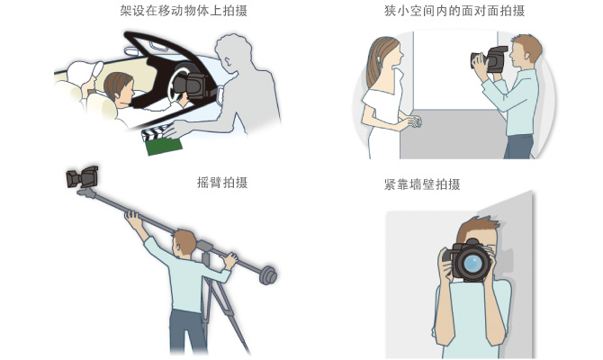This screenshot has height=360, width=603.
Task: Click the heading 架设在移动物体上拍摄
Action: coord(184,11)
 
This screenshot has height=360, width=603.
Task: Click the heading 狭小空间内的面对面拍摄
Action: coord(454,11)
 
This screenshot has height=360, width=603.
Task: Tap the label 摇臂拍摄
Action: coord(222,182)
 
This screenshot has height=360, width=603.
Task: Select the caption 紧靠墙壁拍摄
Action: coord(422,184)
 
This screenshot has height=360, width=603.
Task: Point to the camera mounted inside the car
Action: coord(195,85)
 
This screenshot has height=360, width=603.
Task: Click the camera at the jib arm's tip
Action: coord(82,176)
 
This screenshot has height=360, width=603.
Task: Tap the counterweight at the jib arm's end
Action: coord(268,275)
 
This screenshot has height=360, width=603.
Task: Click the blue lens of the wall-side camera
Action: coord(472,263)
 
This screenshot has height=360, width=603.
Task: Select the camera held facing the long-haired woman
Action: coord(490,59)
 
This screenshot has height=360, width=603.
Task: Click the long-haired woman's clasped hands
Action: coord(414,121)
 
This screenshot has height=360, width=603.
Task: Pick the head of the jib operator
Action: coord(184,242)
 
